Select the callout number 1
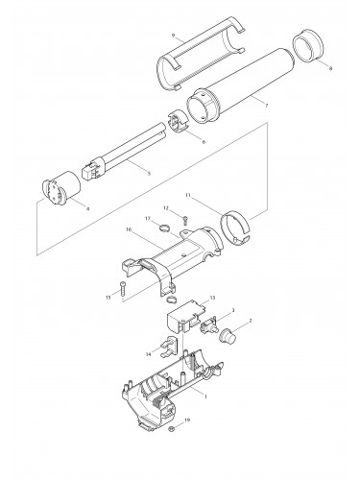coord(204,394)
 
